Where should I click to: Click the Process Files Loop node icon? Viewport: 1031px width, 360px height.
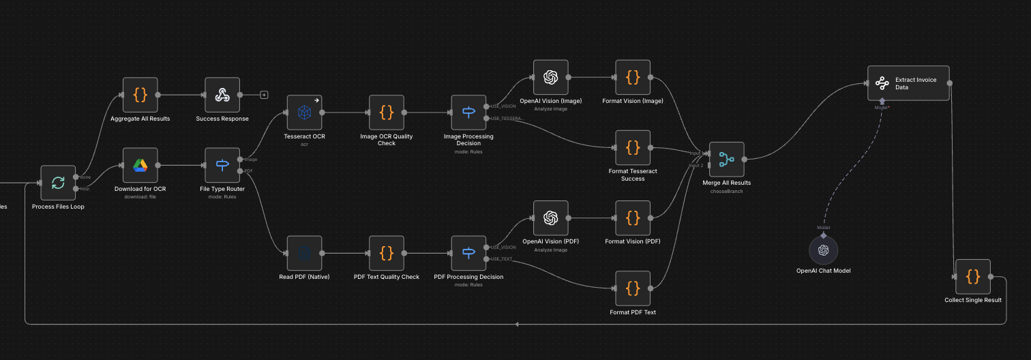[x=58, y=183]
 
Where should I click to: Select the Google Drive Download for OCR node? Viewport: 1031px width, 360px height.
[x=140, y=165]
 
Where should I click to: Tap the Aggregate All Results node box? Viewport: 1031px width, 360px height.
[x=140, y=95]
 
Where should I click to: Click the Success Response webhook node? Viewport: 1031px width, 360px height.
[x=222, y=95]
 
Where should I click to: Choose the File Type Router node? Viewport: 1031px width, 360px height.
[x=222, y=165]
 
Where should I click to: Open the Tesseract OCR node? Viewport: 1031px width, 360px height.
[x=304, y=112]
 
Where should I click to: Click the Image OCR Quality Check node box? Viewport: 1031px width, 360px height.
[x=387, y=112]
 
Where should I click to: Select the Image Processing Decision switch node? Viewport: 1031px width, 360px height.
[x=468, y=112]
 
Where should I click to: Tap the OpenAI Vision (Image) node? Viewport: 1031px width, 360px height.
[x=550, y=77]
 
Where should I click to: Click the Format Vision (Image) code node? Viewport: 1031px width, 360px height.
[x=633, y=77]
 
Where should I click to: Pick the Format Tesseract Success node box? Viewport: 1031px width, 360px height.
[x=633, y=147]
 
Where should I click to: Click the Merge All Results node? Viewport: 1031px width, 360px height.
[x=726, y=160]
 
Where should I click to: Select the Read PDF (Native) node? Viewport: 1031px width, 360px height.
[x=304, y=253]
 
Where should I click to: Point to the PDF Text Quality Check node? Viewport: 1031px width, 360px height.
[x=387, y=253]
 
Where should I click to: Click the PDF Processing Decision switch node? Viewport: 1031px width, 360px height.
[x=468, y=253]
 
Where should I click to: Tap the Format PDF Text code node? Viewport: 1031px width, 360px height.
[x=633, y=288]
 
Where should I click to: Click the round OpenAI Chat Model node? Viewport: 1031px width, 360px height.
[x=823, y=250]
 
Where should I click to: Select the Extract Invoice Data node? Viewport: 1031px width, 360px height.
[x=908, y=83]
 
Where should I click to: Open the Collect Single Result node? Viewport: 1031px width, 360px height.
[x=973, y=276]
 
